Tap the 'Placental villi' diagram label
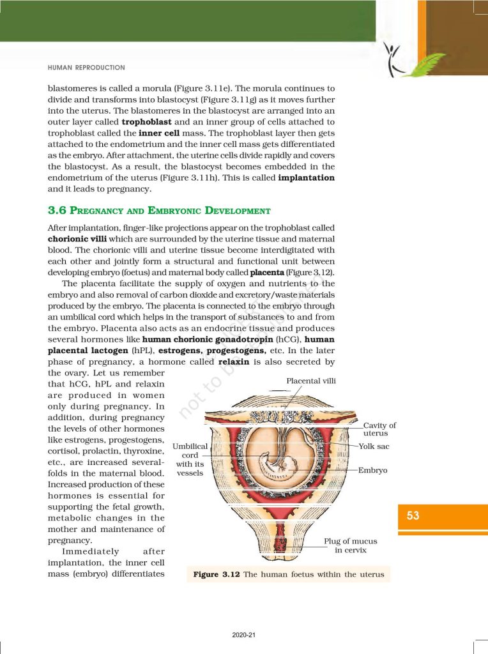click(x=311, y=381)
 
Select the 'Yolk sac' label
click(x=374, y=446)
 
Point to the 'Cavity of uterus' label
click(x=379, y=429)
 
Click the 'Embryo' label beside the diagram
click(x=373, y=470)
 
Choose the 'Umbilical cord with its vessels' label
click(x=190, y=459)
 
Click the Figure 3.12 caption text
click(x=289, y=574)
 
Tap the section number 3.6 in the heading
click(x=57, y=211)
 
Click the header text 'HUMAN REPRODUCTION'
click(x=86, y=67)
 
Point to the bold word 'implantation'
click(x=307, y=178)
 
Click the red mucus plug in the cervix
click(x=280, y=546)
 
